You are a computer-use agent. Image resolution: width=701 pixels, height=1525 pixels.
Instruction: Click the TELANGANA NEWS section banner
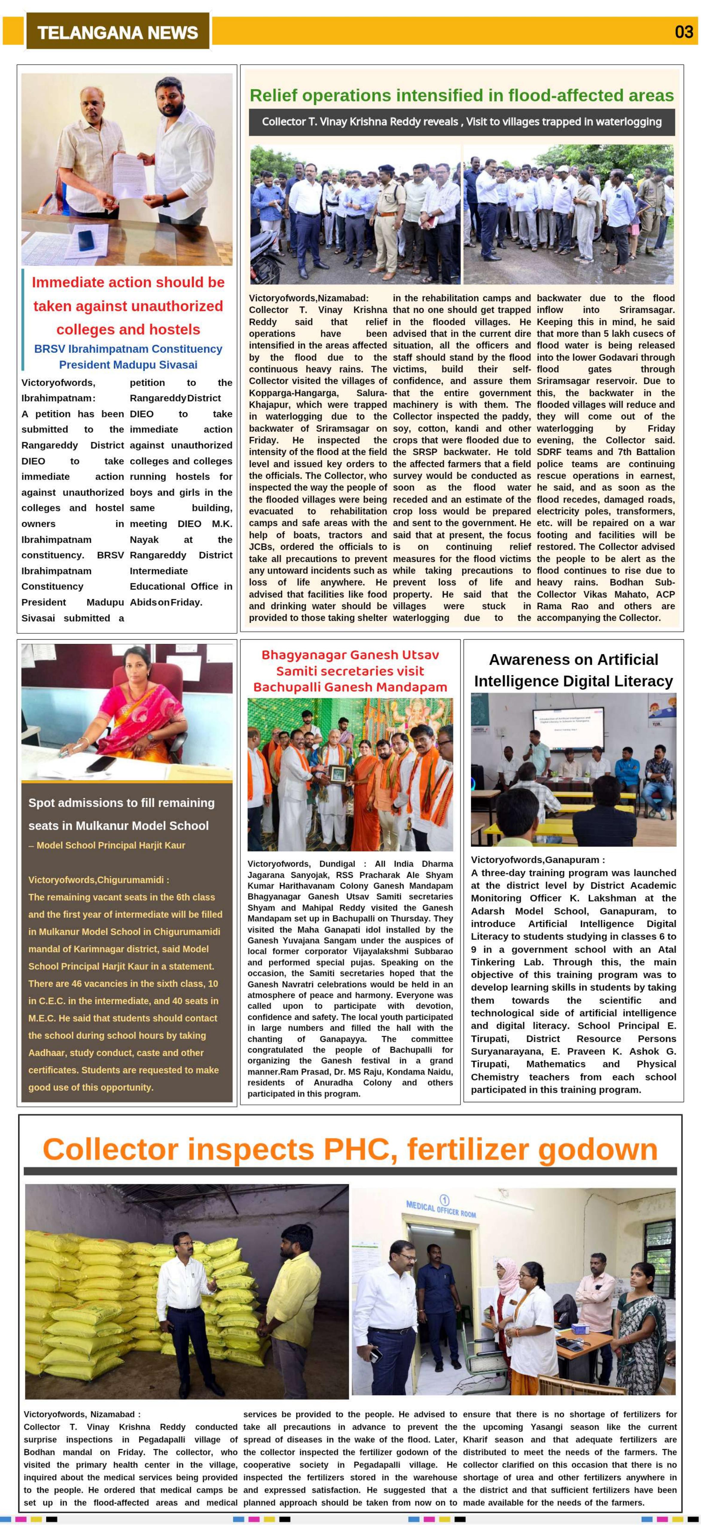coord(117,32)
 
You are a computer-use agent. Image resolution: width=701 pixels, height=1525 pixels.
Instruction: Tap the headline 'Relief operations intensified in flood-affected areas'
coord(461,95)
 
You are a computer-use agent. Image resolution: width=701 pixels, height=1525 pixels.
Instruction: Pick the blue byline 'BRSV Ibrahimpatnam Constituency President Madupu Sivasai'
coord(128,356)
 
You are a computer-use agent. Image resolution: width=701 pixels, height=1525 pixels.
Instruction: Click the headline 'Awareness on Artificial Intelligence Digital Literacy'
coord(573,670)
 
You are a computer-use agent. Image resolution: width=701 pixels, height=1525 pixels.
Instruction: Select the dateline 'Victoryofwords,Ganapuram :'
coord(538,860)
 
